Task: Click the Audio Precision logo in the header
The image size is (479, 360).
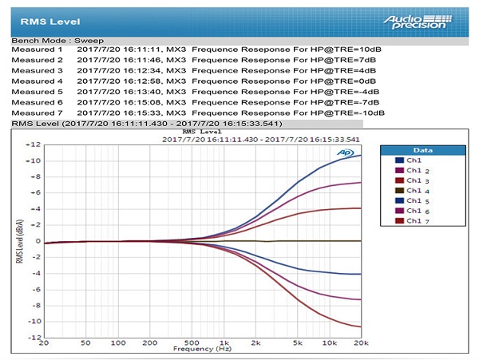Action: [418, 22]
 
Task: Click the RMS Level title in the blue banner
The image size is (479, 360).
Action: [50, 22]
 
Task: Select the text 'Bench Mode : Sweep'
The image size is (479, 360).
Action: [57, 41]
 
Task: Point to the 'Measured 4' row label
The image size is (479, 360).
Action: [37, 81]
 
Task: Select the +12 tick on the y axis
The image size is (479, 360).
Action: [34, 144]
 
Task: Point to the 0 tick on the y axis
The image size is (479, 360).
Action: [38, 241]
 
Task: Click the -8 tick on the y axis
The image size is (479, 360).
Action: [37, 306]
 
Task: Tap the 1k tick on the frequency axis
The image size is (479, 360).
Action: [224, 343]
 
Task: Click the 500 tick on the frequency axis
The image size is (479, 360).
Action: [192, 343]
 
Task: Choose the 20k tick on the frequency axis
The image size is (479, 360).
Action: [361, 343]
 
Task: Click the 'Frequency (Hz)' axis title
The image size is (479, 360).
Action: [202, 349]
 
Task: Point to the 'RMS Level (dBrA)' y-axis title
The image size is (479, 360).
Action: [19, 241]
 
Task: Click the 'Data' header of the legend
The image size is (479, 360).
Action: [423, 150]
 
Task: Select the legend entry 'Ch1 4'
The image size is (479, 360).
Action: [413, 191]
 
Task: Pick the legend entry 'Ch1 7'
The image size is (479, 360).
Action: [413, 221]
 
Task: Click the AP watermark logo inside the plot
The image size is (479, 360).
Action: [346, 152]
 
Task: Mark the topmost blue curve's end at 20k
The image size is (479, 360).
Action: [361, 155]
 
